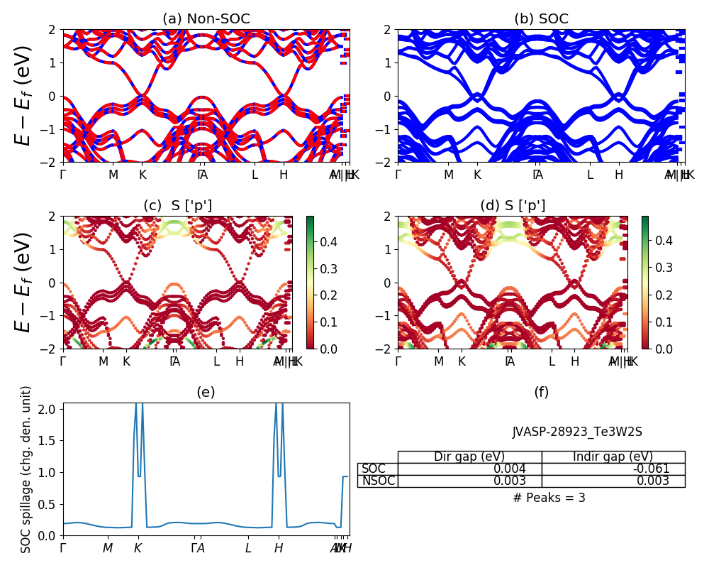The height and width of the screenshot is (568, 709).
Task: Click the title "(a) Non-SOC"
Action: (206, 19)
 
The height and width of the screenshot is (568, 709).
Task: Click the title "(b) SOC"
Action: (541, 19)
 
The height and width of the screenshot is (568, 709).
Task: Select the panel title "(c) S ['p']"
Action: (177, 206)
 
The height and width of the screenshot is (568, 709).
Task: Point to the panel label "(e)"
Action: (206, 393)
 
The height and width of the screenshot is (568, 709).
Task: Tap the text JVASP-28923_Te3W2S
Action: (577, 432)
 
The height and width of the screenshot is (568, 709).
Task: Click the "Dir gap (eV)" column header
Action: (469, 457)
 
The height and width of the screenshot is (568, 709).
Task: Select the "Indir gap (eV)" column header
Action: (613, 457)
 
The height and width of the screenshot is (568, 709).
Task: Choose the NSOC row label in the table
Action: (377, 481)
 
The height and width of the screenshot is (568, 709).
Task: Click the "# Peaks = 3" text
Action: (549, 498)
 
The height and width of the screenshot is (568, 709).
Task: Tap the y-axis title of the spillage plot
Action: (26, 469)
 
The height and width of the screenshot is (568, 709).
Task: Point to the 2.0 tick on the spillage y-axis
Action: (50, 409)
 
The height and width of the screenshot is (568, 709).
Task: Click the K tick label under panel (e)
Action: (138, 548)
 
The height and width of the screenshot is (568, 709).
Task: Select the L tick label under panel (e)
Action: (248, 548)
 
